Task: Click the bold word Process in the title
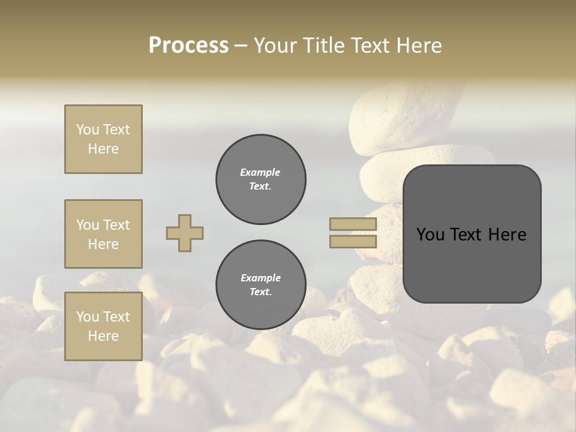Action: pyautogui.click(x=188, y=46)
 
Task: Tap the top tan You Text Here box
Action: pyautogui.click(x=103, y=139)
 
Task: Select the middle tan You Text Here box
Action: pyautogui.click(x=103, y=234)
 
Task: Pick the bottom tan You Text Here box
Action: pyautogui.click(x=103, y=326)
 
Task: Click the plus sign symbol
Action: pyautogui.click(x=185, y=233)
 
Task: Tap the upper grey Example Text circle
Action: pyautogui.click(x=260, y=179)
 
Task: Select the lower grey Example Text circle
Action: pyautogui.click(x=260, y=285)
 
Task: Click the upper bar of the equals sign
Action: pyautogui.click(x=353, y=224)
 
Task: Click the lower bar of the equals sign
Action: pyautogui.click(x=353, y=241)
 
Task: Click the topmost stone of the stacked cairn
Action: pyautogui.click(x=390, y=117)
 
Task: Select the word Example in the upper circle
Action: pyautogui.click(x=260, y=172)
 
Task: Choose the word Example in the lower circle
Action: pyautogui.click(x=260, y=278)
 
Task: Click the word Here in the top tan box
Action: pyautogui.click(x=103, y=149)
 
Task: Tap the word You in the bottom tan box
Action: pyautogui.click(x=87, y=317)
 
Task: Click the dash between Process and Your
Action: pyautogui.click(x=241, y=46)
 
